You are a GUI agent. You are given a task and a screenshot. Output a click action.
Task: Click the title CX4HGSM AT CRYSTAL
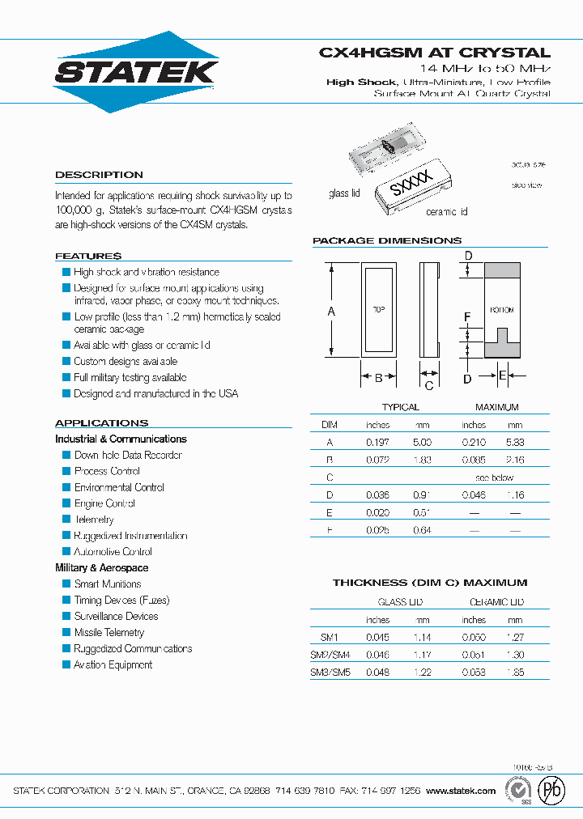(434, 52)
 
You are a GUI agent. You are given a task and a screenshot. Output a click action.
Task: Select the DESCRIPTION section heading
(99, 175)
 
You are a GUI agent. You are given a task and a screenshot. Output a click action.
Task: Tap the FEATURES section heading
(88, 256)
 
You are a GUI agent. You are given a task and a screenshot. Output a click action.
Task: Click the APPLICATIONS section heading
(101, 423)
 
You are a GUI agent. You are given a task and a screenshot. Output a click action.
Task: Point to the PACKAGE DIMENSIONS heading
(387, 240)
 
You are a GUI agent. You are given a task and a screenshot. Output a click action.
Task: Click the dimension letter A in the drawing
(330, 311)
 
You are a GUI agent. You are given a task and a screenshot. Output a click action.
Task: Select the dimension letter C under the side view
(429, 386)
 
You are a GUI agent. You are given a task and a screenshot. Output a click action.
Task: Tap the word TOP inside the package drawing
(378, 310)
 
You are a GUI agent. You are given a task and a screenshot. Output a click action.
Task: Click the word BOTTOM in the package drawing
(502, 310)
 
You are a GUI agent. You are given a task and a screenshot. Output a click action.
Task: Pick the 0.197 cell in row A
(377, 443)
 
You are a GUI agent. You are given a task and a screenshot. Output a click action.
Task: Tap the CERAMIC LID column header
(496, 602)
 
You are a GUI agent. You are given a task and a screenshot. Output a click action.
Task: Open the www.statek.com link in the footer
(460, 791)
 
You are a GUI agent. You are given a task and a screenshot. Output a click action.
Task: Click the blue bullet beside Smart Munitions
(67, 583)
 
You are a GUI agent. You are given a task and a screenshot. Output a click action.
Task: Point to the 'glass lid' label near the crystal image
(344, 193)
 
